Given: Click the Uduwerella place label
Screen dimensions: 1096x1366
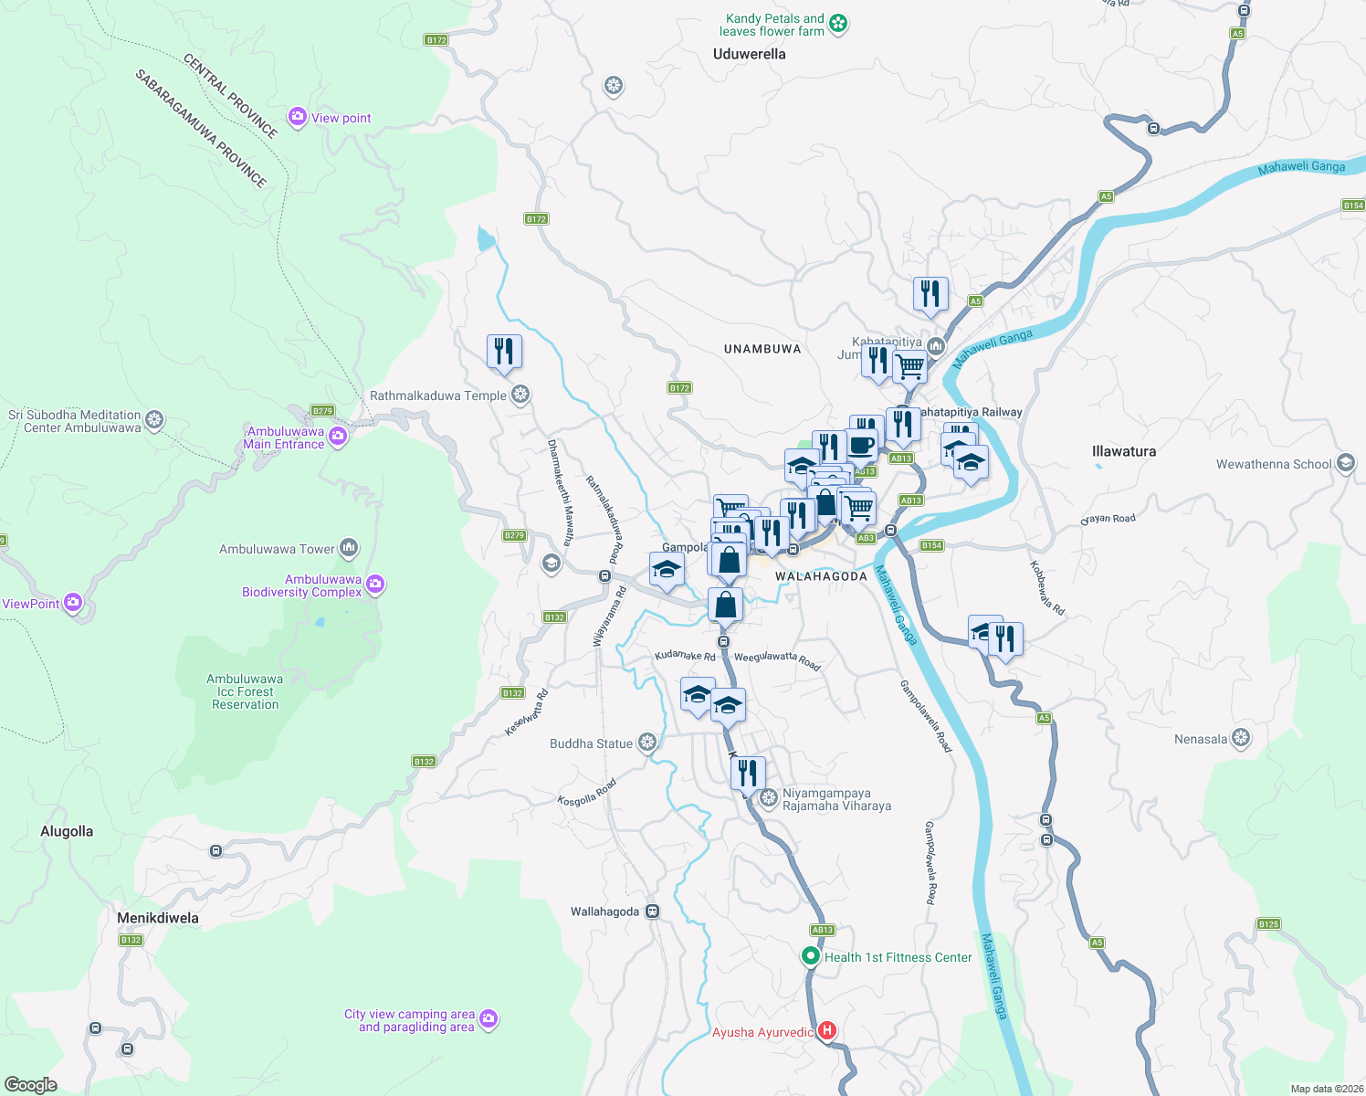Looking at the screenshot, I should [749, 54].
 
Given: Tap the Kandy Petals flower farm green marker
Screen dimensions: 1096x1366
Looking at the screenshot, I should [838, 25].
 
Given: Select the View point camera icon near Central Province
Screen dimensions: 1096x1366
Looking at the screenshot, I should [297, 117].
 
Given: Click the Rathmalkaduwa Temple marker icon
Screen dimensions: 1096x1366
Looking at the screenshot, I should [520, 395].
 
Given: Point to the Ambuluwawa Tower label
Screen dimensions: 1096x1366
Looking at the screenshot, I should [277, 549].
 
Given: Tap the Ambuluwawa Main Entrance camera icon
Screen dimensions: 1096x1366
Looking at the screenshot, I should [338, 437].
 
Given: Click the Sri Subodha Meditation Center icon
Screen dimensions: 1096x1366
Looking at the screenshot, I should [154, 420].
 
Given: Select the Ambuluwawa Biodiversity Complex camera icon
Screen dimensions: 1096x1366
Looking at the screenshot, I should [375, 585].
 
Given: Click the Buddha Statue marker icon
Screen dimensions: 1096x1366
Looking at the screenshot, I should [647, 743].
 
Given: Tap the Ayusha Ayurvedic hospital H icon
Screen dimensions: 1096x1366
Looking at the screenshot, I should [827, 1031].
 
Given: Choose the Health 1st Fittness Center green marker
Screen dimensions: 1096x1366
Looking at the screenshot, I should [810, 956].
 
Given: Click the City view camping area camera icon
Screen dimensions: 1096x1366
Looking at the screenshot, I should [489, 1018].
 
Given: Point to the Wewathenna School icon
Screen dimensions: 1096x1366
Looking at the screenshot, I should [1345, 463].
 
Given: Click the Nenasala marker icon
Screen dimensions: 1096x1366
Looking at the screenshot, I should [1240, 738].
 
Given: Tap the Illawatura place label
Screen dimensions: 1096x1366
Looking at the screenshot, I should [1123, 451].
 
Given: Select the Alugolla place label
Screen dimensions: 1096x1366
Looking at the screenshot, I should [67, 831].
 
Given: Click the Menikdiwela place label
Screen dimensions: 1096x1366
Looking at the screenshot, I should [157, 918].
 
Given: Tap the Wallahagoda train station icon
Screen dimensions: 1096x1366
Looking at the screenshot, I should [652, 911].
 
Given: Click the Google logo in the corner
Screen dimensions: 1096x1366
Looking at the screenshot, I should [31, 1084].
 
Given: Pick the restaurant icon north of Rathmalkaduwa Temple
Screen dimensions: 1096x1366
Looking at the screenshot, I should [504, 352].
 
